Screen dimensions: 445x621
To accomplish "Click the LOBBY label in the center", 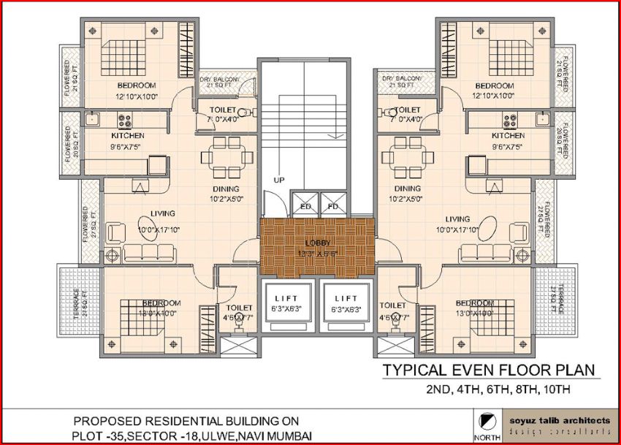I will pos(316,243).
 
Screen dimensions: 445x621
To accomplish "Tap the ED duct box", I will pos(305,206).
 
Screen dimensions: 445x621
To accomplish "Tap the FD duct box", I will pos(333,206).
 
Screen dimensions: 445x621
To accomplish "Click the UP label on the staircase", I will pos(278,179).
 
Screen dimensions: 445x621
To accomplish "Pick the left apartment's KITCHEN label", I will pos(127,136).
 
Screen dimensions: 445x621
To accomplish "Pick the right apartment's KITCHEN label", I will pos(508,136).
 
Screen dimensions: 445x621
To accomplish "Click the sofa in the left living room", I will pos(149,253).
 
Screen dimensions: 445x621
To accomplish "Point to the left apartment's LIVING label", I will pos(162,214).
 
